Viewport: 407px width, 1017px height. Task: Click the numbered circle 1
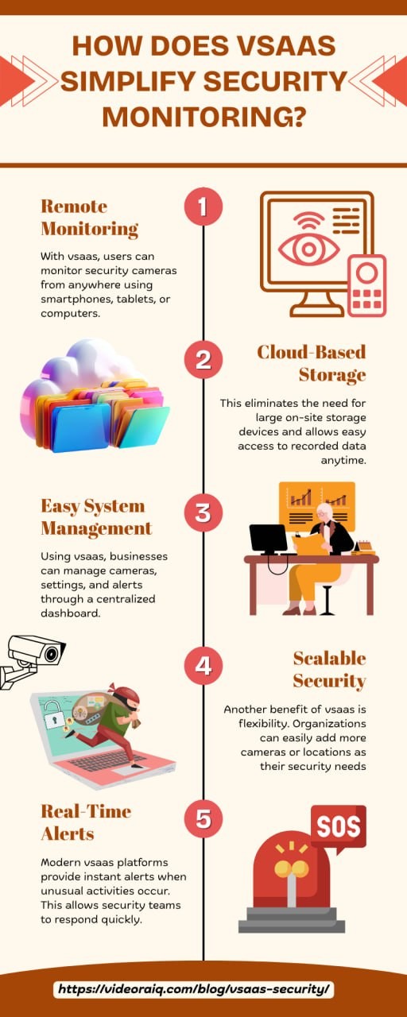[203, 206]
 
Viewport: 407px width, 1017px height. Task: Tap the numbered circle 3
[203, 512]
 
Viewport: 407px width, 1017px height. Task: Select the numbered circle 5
[203, 818]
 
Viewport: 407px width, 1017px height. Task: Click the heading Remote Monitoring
[90, 218]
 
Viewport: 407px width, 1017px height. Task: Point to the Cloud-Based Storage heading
[312, 363]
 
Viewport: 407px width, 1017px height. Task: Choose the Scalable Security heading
[329, 670]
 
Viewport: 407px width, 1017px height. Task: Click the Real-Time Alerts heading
[86, 822]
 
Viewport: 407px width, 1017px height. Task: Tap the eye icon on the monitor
[308, 249]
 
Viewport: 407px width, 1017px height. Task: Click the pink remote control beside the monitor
[367, 285]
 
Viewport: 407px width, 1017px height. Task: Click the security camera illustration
[31, 660]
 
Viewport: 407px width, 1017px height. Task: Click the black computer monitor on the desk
[269, 539]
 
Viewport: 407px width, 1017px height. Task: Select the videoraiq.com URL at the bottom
[193, 988]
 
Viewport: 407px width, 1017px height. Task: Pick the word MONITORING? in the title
[204, 117]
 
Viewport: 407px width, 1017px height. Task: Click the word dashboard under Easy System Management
[71, 613]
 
